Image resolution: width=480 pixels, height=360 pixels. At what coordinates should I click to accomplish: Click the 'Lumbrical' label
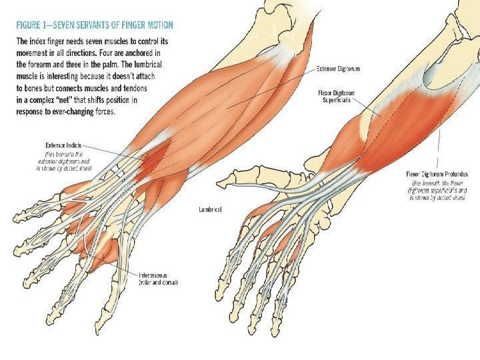point(209,209)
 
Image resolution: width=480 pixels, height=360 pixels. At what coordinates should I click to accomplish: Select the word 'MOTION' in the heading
point(157,25)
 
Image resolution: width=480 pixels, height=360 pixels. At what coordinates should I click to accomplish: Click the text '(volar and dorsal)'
point(158,283)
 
